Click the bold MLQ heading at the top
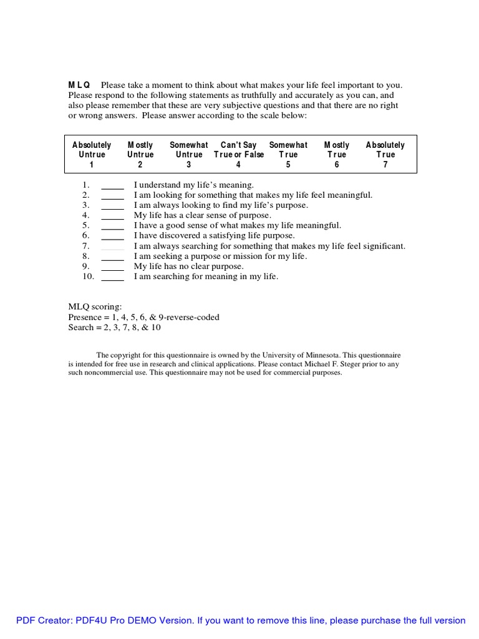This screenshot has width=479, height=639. point(79,85)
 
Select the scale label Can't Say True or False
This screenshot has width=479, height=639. point(238,150)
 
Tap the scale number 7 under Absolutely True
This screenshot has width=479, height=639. point(385,165)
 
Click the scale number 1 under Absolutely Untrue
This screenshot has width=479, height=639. point(92,165)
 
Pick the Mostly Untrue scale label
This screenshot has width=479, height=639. point(140,150)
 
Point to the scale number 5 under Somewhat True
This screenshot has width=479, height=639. point(288,165)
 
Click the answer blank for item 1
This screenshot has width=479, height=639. point(112,185)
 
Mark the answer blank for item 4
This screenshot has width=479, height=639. point(112,216)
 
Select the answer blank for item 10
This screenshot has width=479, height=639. point(112,277)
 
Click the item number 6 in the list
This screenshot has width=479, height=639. point(86,236)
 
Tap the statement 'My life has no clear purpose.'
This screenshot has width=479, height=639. point(188,266)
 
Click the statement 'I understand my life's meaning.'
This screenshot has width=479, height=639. point(194,185)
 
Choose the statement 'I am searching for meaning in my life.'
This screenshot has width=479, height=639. point(206,276)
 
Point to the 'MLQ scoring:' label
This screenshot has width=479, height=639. point(95,307)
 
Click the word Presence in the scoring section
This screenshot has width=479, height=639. point(84,317)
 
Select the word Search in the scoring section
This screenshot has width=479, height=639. point(80,327)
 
